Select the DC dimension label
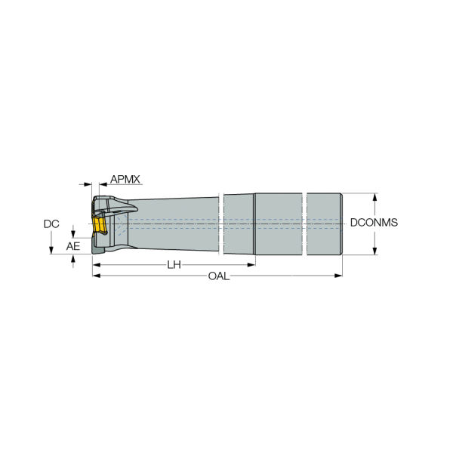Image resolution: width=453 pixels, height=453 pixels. click(51, 224)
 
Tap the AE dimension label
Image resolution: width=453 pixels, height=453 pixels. click(72, 246)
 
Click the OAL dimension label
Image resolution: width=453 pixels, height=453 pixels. click(219, 276)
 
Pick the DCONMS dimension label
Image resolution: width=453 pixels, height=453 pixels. click(374, 223)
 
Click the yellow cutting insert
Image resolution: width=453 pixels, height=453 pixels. click(97, 225)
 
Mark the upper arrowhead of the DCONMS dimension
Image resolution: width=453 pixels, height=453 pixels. click(375, 196)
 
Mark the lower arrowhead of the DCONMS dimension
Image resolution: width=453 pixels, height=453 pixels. click(375, 251)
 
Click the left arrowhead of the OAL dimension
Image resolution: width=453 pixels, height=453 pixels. click(96, 276)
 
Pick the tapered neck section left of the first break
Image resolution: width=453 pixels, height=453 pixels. click(181, 223)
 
